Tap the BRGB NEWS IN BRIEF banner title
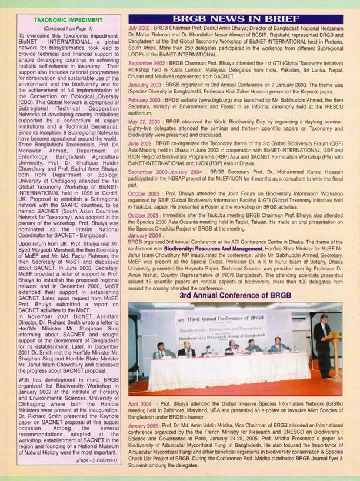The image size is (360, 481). [x=239, y=19]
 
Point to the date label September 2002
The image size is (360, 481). [x=149, y=61]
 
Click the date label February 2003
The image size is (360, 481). [x=147, y=101]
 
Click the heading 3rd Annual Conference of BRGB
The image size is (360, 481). [x=235, y=295]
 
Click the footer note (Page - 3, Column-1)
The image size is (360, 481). [x=96, y=460]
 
